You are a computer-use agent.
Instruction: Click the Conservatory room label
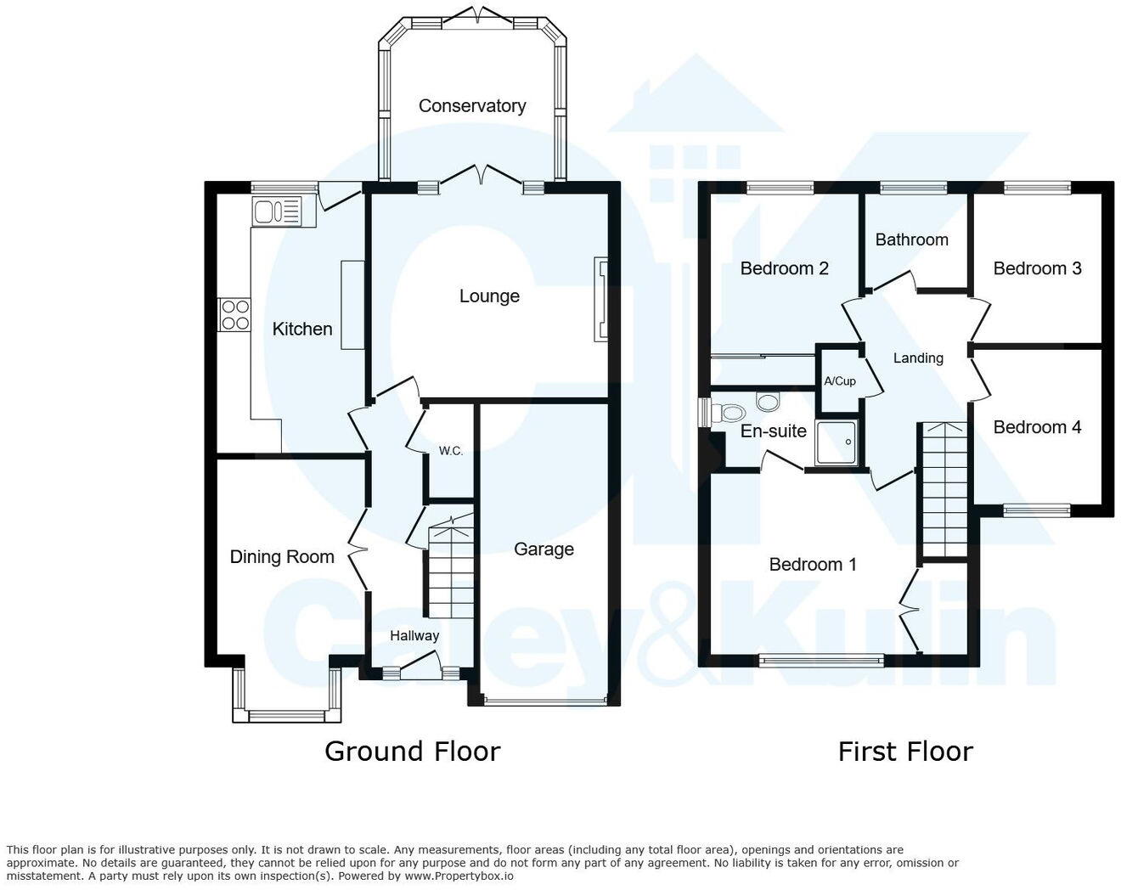tap(472, 106)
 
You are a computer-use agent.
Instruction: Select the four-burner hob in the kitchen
tap(234, 315)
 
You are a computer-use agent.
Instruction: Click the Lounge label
tap(489, 296)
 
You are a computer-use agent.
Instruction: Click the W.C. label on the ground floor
tap(451, 451)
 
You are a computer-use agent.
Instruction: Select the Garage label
tap(544, 549)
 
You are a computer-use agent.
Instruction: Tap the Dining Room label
tap(282, 557)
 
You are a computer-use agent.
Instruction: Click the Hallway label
tap(414, 636)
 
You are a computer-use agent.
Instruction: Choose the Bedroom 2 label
tap(784, 269)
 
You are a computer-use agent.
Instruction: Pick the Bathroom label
tap(911, 240)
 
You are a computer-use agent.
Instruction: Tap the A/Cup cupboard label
tap(840, 381)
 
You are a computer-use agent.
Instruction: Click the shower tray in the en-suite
tap(837, 442)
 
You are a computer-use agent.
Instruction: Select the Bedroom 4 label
tap(1037, 427)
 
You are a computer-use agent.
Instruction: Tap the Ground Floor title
tap(412, 752)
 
